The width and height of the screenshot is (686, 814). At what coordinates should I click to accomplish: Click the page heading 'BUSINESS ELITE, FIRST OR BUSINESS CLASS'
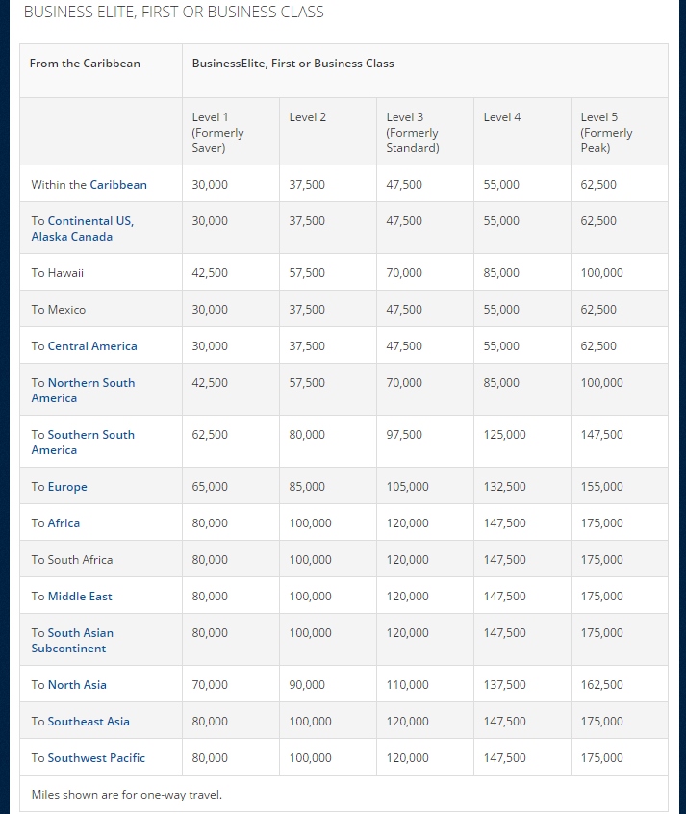(x=173, y=13)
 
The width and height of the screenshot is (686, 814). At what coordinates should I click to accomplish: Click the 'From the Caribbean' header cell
(x=85, y=64)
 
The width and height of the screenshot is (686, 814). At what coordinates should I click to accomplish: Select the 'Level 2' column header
(x=308, y=117)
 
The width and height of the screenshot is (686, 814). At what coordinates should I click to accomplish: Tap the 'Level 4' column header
(x=502, y=117)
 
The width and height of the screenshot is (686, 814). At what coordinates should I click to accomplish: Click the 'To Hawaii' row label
(x=58, y=273)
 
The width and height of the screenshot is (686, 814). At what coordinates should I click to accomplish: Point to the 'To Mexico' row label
(x=59, y=310)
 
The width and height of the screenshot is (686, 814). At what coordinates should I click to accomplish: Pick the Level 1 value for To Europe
(x=210, y=487)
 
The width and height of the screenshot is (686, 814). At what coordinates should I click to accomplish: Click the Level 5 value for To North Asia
(x=601, y=685)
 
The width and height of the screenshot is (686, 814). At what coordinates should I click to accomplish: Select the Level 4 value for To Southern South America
(x=504, y=435)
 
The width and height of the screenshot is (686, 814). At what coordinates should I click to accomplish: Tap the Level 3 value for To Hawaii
(x=404, y=273)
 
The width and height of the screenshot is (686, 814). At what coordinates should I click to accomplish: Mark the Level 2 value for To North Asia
(x=307, y=685)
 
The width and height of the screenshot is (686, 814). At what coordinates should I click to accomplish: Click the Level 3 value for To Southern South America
(x=404, y=435)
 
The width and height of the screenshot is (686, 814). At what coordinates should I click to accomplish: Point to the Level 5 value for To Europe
(x=601, y=487)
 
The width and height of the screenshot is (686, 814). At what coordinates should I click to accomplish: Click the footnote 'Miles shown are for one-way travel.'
(x=126, y=795)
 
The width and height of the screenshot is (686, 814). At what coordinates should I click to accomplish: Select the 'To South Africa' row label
(x=72, y=560)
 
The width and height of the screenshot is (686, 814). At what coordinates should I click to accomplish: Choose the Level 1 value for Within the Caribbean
(x=210, y=185)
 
